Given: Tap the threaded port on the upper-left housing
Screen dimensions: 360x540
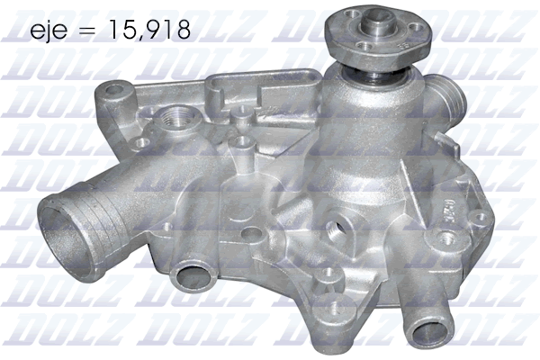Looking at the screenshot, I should click(x=174, y=119).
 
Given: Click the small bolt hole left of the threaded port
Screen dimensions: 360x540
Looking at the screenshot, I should click(x=141, y=142).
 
